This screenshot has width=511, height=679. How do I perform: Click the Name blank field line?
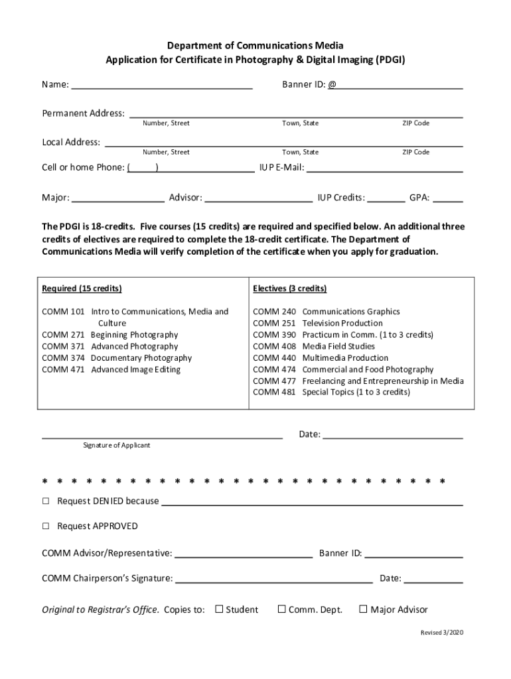(x=161, y=86)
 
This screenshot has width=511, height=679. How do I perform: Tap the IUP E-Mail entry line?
(x=384, y=168)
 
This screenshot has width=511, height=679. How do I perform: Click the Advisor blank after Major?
(x=259, y=198)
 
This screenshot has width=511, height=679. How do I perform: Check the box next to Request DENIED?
(x=46, y=501)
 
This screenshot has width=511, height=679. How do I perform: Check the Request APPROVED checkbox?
(x=46, y=526)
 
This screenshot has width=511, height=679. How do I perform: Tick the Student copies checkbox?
(x=219, y=609)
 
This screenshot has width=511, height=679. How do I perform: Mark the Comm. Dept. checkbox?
(x=281, y=609)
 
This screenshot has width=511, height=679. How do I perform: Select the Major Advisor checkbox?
(x=363, y=609)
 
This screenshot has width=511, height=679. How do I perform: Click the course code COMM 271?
(x=63, y=335)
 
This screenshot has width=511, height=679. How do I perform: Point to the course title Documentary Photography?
(x=141, y=358)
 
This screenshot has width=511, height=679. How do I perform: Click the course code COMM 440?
(x=274, y=358)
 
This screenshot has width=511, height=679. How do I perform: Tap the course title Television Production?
(x=342, y=324)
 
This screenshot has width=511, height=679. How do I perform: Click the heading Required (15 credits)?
(x=82, y=289)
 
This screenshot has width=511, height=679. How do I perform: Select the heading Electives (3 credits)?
(x=289, y=289)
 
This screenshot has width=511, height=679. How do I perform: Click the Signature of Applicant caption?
(x=116, y=446)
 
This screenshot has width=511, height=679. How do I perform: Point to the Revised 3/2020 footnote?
(x=441, y=633)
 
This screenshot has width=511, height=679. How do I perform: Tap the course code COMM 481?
(x=274, y=393)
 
